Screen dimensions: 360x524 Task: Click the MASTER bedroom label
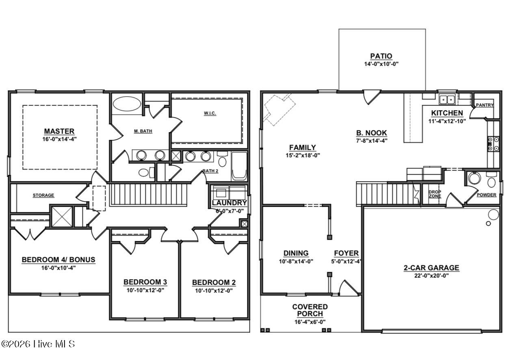point(59,131)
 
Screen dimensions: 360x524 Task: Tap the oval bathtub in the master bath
point(126,103)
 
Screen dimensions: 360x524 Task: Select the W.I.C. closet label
point(210,113)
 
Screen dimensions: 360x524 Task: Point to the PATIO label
point(381,56)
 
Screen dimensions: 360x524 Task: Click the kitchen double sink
point(448,99)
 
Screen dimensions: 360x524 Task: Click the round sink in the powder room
point(474,178)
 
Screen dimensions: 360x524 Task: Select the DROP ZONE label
point(435,194)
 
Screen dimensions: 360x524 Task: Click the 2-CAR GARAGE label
point(431,268)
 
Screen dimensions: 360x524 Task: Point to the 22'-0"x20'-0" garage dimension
point(431,275)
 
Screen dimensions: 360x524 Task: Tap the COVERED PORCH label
point(310,310)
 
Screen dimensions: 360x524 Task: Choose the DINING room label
point(296,253)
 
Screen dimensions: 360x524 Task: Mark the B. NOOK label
point(371,133)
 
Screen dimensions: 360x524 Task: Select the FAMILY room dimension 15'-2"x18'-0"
point(302,155)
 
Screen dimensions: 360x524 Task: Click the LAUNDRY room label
point(229,203)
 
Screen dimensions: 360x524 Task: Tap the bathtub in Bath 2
point(239,167)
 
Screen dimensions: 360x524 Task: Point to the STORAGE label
point(43,195)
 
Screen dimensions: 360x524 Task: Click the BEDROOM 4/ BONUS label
point(58,260)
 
